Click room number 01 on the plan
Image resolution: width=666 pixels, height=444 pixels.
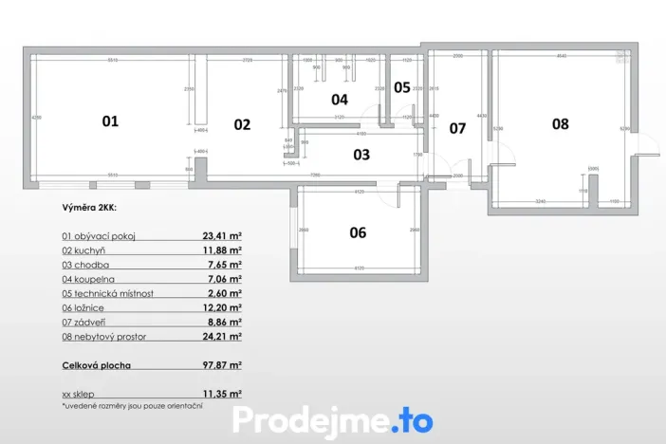[x=110, y=121]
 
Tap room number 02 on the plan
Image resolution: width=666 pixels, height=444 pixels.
[x=242, y=124]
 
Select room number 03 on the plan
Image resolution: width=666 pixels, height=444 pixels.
[x=361, y=154]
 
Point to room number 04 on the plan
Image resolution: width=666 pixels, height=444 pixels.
[x=339, y=99]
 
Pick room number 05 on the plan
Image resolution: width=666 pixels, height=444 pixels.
[x=402, y=87]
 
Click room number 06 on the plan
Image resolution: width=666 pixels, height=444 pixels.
[x=358, y=232]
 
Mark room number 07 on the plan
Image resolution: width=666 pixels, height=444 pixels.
[x=457, y=128]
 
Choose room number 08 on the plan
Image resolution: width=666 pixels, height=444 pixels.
[x=561, y=123]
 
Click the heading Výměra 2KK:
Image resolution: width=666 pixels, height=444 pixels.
[x=88, y=205]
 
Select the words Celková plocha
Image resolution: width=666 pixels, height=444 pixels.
[x=96, y=364]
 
